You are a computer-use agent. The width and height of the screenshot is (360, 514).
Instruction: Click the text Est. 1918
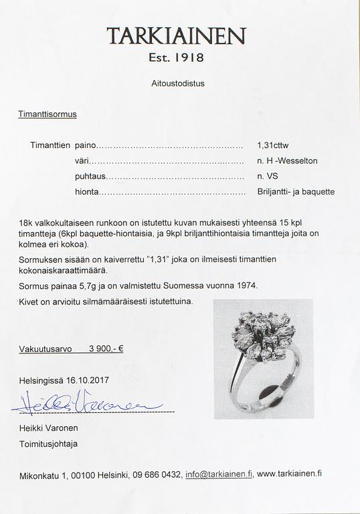pos(177,58)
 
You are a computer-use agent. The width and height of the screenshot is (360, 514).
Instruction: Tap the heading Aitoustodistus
pos(177,84)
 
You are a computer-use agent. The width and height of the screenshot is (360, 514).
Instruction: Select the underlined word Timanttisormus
pos(48,114)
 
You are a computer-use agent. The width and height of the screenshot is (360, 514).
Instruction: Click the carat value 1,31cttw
pos(274,145)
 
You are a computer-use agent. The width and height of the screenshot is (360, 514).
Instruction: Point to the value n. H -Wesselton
pos(287,161)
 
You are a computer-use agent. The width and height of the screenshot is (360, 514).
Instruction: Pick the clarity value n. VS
pos(269,177)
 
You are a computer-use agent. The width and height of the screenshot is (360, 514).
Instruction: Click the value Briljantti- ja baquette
pos(295,192)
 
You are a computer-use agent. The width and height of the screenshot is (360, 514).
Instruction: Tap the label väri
pos(81,161)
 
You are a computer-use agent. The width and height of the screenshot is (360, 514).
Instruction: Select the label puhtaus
pos(90,177)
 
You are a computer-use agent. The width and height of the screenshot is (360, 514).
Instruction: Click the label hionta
pos(86,192)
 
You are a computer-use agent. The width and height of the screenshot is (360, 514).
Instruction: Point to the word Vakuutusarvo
pos(44,349)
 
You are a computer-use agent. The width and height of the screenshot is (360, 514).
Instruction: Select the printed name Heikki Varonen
pos(48,428)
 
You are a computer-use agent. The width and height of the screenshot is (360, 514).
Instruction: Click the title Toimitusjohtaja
pos(48,444)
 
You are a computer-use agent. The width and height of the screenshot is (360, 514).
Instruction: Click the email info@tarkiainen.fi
pos(219,474)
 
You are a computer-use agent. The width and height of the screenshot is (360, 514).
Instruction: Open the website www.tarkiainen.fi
pos(289,474)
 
